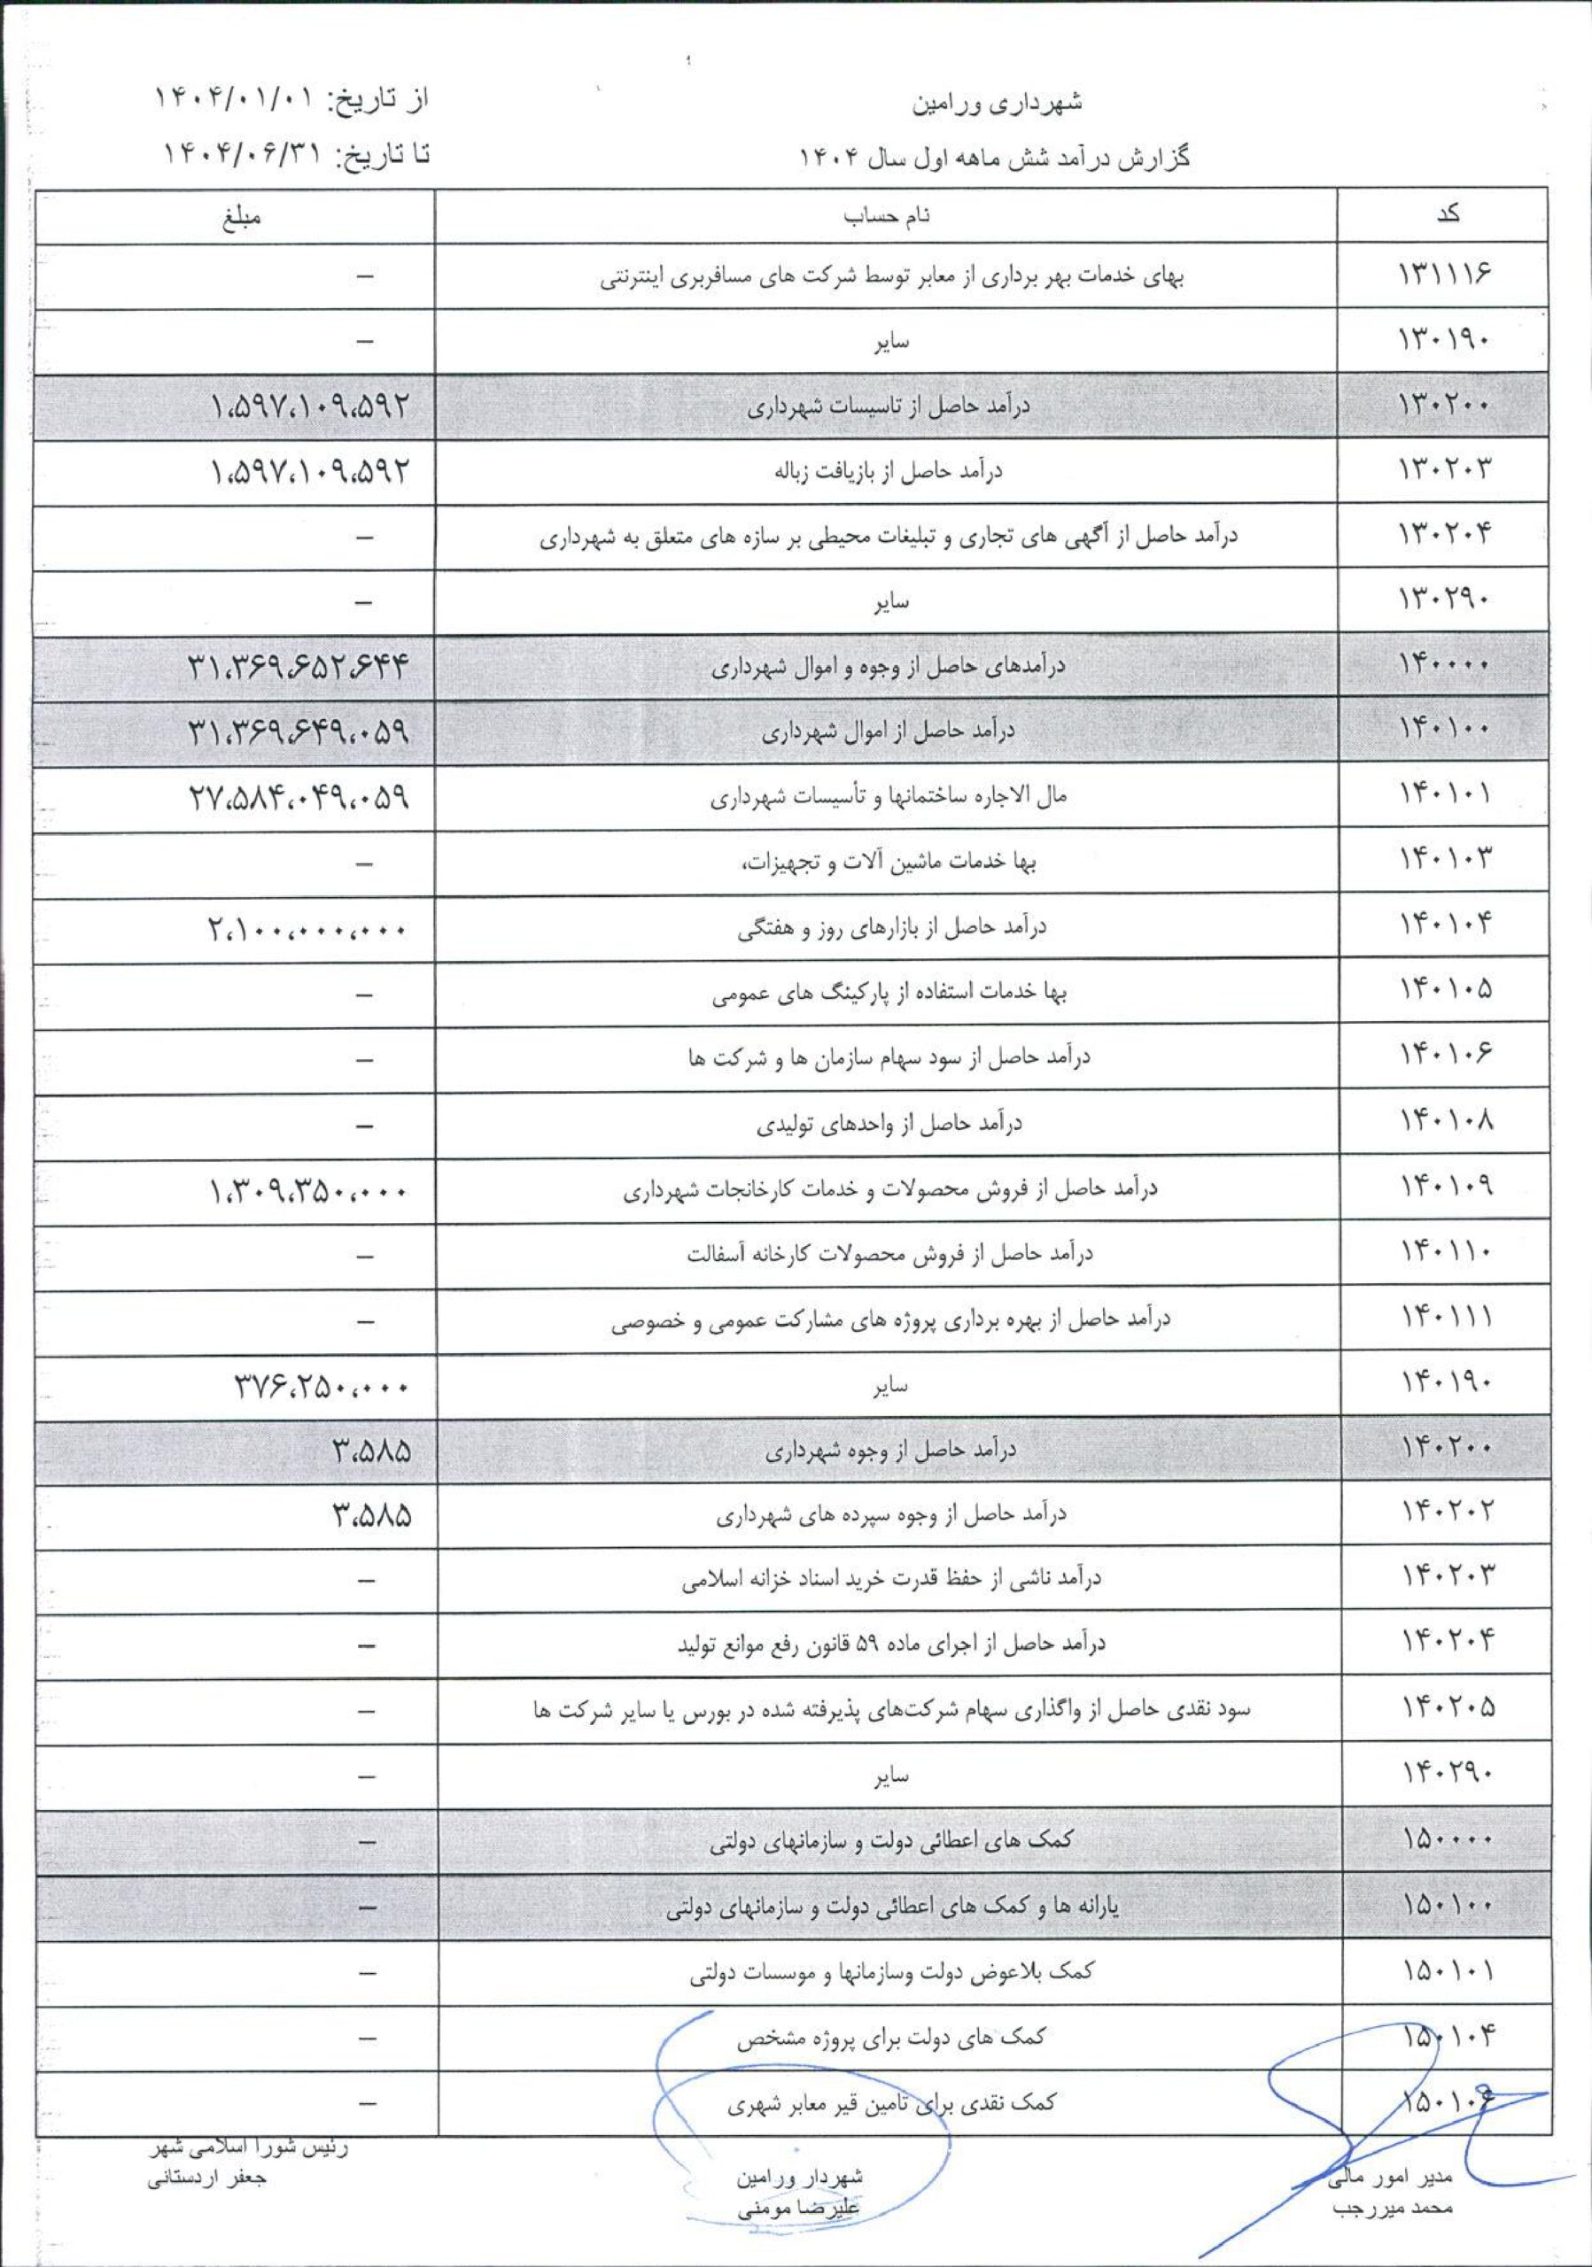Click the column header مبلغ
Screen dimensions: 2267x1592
point(242,215)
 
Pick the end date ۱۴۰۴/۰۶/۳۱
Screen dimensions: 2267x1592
point(238,154)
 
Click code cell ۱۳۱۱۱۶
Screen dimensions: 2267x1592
point(1444,275)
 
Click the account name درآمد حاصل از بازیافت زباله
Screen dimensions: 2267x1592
point(888,471)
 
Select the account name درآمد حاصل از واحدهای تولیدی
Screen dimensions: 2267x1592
point(888,1124)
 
